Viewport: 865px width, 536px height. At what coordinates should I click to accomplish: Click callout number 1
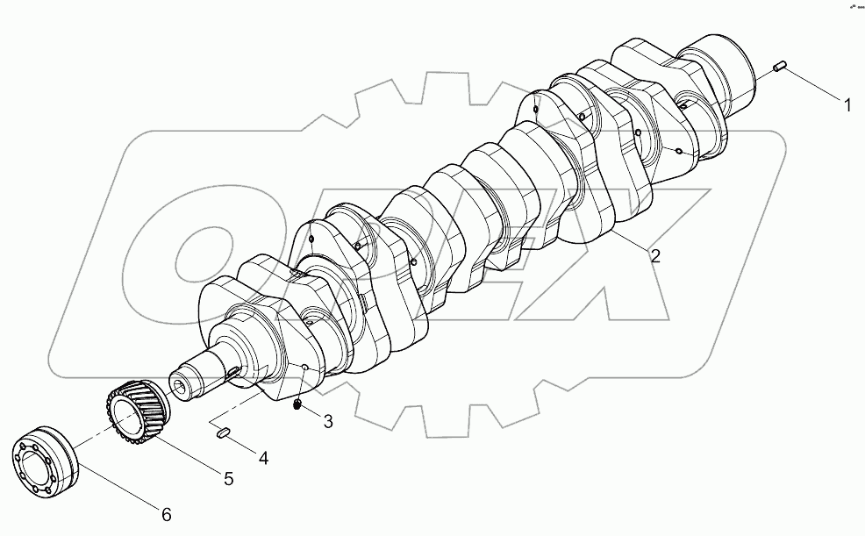coord(847,106)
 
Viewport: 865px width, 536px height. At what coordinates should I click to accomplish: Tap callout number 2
coord(655,256)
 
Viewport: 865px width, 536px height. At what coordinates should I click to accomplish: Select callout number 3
coord(327,422)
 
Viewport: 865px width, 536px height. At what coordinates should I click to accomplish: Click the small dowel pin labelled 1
coord(780,67)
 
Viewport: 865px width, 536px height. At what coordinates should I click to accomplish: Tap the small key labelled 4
coord(223,430)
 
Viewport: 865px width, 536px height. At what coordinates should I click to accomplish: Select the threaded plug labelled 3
coord(297,404)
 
